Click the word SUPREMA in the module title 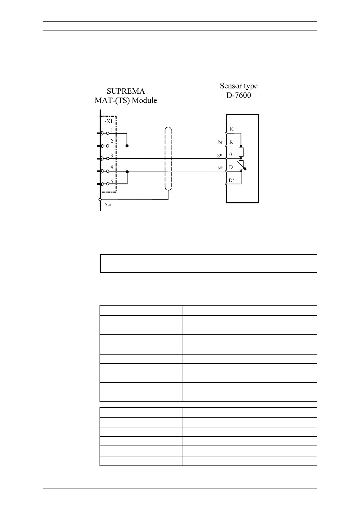tap(126, 91)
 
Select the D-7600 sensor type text tap(238, 96)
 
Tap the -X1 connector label tap(108, 121)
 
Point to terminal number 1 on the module tap(112, 130)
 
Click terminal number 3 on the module tap(112, 155)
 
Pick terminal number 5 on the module tap(112, 181)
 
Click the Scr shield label tap(108, 205)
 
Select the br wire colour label tap(220, 142)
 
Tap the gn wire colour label tap(220, 155)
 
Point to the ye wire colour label tap(220, 168)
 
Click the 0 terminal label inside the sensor tap(231, 154)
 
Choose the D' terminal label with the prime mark tap(231, 180)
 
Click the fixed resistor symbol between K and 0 tap(241, 152)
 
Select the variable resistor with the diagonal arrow tap(241, 165)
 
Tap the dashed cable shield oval tap(168, 159)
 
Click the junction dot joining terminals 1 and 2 tap(127, 146)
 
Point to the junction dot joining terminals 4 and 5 tap(127, 172)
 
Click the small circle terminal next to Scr tap(100, 199)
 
